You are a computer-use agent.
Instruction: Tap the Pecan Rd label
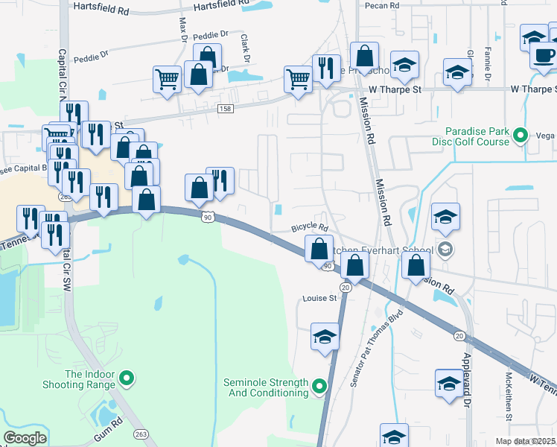pos(383,5)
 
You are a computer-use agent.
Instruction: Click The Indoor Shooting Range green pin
pos(127,379)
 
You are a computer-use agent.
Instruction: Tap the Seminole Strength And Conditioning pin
pos(319,386)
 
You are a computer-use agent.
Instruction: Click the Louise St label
pos(320,298)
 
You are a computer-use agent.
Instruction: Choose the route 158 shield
pos(224,109)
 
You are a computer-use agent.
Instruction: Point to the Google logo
pos(25,438)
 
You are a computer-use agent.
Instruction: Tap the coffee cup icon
pos(544,54)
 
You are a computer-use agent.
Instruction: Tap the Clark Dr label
pos(244,49)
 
